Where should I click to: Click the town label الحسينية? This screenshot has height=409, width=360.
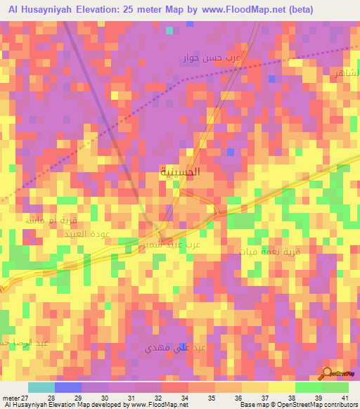[180, 171]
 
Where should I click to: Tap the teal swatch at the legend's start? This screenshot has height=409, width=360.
[41, 387]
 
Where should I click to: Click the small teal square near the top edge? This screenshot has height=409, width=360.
[169, 30]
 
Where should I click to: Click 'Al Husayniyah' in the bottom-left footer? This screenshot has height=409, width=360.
[27, 405]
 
